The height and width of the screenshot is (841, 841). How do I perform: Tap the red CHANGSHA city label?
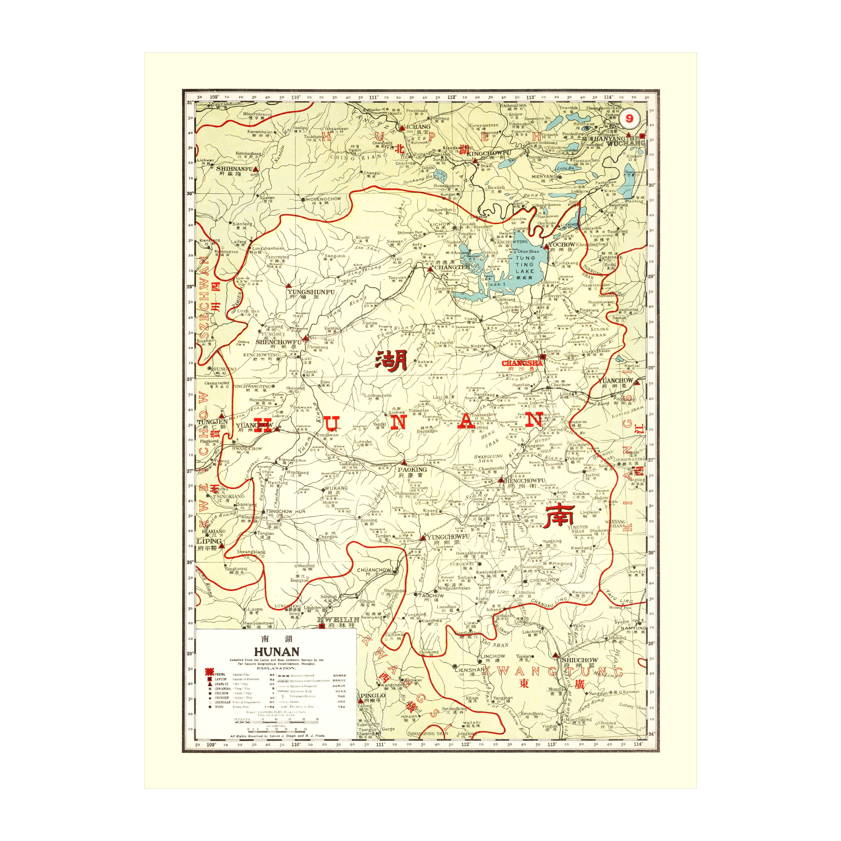tap(522, 363)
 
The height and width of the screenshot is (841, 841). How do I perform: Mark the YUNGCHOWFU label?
tap(448, 537)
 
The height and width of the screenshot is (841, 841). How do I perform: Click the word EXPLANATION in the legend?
tap(276, 668)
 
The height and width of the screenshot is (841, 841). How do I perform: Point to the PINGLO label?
tap(373, 696)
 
